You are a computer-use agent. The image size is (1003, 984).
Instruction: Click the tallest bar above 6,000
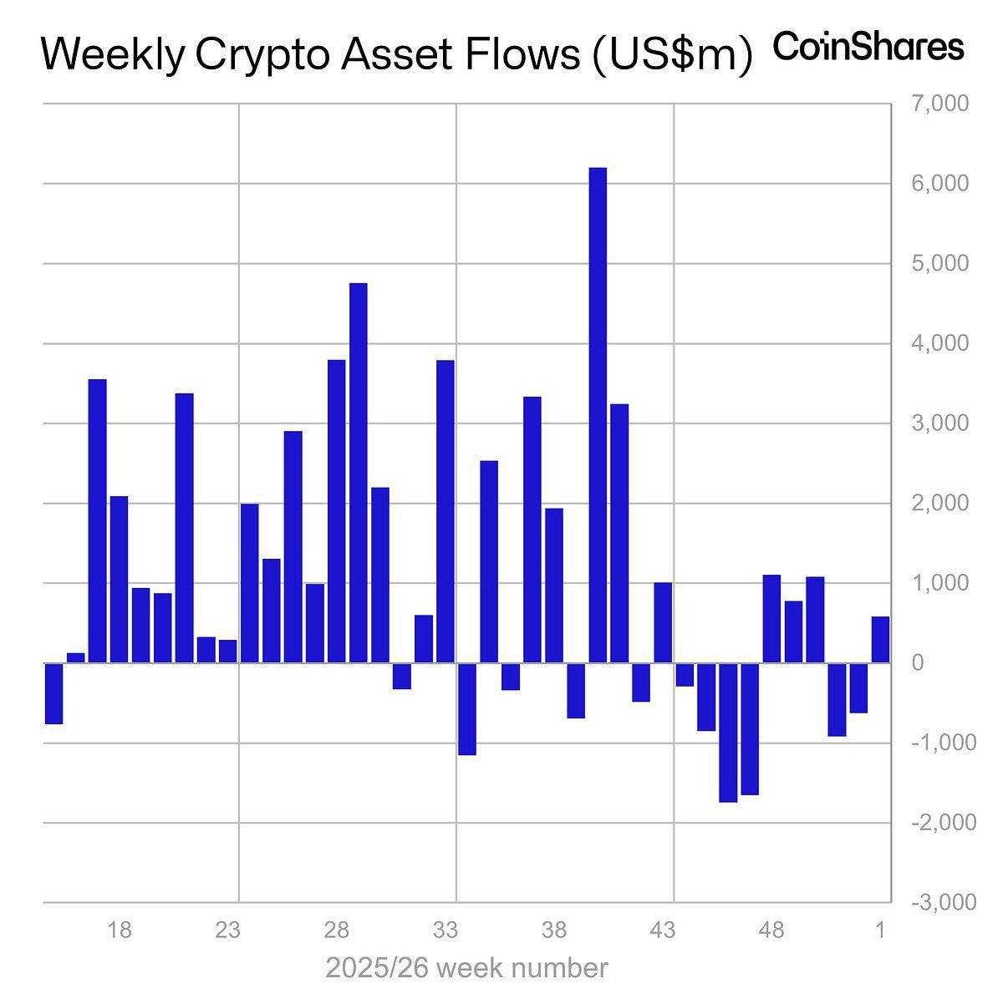(598, 415)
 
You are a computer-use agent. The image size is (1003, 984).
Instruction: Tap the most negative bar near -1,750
(728, 733)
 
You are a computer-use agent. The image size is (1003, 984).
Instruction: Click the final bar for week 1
(880, 640)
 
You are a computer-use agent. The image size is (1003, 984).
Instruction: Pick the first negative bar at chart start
(54, 693)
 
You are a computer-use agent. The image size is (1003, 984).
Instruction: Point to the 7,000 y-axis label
(942, 104)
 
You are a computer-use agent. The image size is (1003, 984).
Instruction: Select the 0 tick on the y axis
(918, 663)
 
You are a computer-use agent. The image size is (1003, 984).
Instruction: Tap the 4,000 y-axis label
(942, 343)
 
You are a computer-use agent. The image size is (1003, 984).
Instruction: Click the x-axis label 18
(120, 930)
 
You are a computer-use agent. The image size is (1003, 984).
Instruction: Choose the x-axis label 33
(445, 930)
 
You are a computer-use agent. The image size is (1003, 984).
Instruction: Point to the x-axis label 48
(771, 930)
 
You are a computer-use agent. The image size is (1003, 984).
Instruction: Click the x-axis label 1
(881, 930)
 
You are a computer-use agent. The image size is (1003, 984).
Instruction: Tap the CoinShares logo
(868, 47)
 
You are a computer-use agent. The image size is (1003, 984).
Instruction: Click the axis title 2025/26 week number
(466, 968)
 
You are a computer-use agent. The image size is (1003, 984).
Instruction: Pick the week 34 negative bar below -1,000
(467, 709)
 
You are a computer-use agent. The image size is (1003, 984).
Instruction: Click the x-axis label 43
(663, 930)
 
